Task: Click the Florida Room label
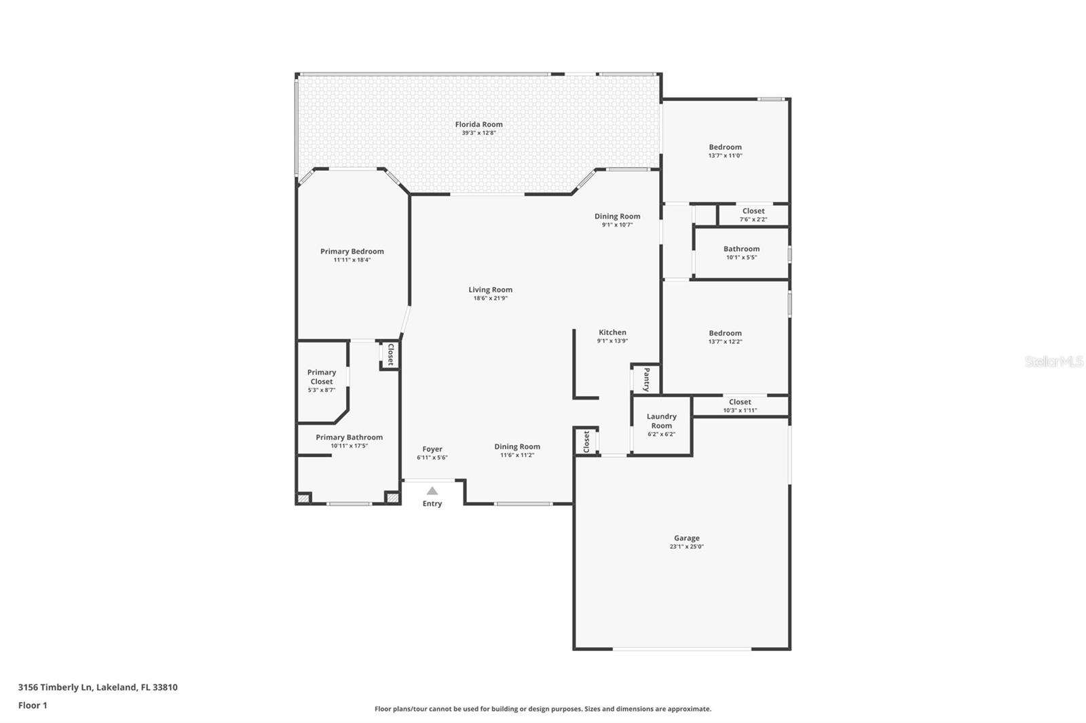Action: tap(479, 125)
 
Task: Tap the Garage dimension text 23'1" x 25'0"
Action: tap(686, 547)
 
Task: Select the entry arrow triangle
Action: tap(432, 490)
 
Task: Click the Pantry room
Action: tap(645, 380)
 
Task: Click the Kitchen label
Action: tap(612, 332)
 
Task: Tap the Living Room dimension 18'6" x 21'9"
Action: tap(490, 298)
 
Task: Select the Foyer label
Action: tap(432, 449)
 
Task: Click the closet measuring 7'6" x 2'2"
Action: tap(753, 215)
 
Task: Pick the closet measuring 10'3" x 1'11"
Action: tap(740, 406)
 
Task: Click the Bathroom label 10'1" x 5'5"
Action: tap(741, 249)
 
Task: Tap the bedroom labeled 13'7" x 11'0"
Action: tap(725, 151)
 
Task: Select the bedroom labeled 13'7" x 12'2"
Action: tap(725, 337)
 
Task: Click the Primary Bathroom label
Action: tap(349, 437)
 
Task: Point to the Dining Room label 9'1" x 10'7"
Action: tap(617, 216)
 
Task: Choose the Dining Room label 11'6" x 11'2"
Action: tap(517, 446)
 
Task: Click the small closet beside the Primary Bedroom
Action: tap(390, 354)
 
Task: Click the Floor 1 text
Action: tap(33, 705)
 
